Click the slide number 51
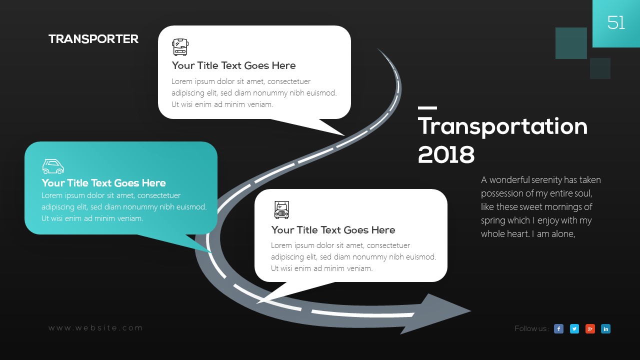[x=616, y=22]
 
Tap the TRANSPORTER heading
[x=93, y=39]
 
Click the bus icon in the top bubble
[x=180, y=47]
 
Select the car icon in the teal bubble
[x=53, y=166]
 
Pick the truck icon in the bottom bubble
[x=281, y=210]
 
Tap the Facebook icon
[x=558, y=329]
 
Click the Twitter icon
[x=574, y=329]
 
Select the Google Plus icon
[x=590, y=329]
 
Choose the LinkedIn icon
[x=605, y=329]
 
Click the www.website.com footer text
[x=95, y=328]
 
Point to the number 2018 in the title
[x=446, y=154]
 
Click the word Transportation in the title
[x=503, y=126]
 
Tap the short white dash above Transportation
[x=427, y=108]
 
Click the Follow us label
[x=531, y=328]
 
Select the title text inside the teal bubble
[x=103, y=183]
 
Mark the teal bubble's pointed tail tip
[x=211, y=252]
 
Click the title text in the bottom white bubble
[x=333, y=230]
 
